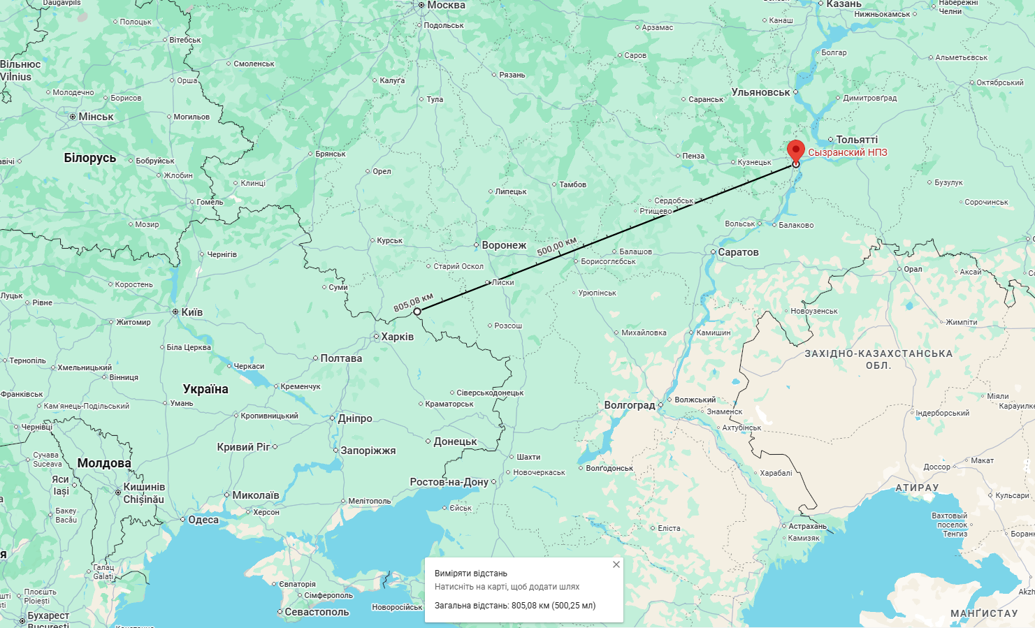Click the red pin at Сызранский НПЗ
pos(795,149)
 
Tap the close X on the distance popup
pos(616,564)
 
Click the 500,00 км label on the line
pos(557,246)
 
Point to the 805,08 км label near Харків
pos(413,302)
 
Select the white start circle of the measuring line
pos(417,312)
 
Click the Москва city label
pos(446,6)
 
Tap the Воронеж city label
pos(503,245)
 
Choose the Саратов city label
pos(738,252)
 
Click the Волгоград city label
pos(630,405)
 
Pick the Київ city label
pos(191,312)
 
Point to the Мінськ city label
pos(96,117)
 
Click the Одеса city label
pos(203,520)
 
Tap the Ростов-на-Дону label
pos(449,482)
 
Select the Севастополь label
pos(317,612)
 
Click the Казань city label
pos(844,4)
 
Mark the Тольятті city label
pos(857,140)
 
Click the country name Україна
pos(205,389)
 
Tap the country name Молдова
pos(104,463)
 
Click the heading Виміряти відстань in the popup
pos(471,574)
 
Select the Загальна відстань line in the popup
pos(515,606)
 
